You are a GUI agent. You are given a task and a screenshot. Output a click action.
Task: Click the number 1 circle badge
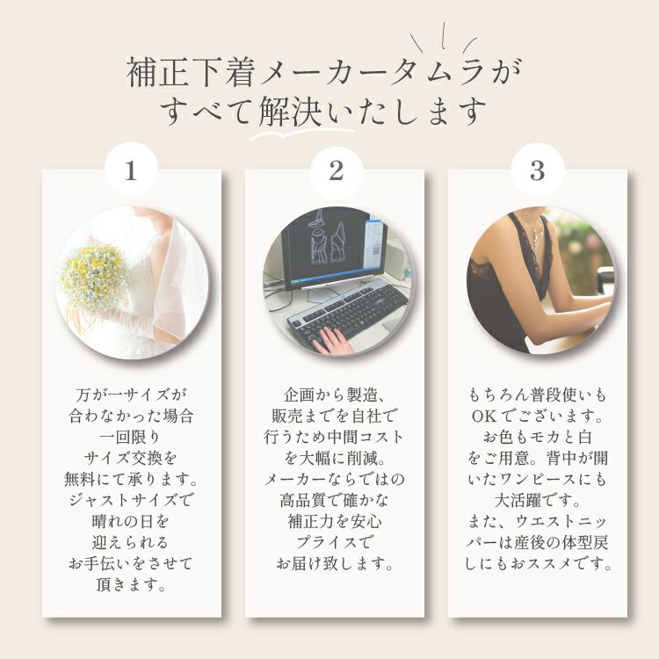click(131, 171)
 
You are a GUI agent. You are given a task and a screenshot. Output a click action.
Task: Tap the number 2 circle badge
click(336, 171)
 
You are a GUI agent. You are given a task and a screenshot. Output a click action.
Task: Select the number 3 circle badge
click(538, 171)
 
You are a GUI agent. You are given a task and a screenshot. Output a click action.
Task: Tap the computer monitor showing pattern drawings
click(334, 248)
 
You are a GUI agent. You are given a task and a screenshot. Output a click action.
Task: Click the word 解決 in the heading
click(291, 112)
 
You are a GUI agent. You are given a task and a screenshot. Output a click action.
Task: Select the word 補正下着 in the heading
click(191, 72)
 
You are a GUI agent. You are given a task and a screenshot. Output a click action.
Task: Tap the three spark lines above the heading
click(444, 39)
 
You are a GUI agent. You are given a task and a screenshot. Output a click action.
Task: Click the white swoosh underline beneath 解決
click(301, 134)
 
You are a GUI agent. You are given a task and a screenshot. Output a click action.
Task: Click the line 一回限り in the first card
click(131, 437)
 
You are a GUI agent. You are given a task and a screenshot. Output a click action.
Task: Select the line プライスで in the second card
click(335, 542)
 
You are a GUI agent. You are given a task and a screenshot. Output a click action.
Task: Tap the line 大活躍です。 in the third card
click(538, 500)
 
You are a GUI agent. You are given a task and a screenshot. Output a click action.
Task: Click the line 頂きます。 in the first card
click(131, 584)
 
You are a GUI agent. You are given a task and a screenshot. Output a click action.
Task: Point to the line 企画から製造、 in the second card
click(335, 395)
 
